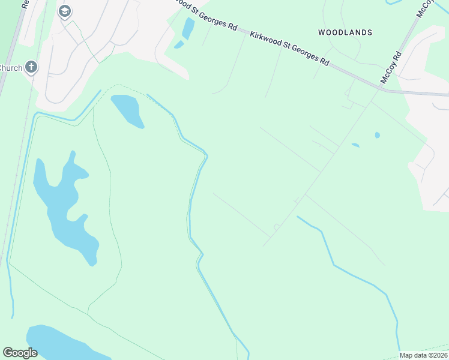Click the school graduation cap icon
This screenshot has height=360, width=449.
tap(65, 11)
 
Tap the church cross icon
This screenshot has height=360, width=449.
tap(31, 67)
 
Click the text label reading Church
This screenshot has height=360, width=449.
tap(11, 68)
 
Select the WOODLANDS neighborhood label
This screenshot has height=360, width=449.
tap(345, 32)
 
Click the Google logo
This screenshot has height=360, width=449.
tap(20, 353)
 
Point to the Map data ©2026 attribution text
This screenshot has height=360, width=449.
tap(423, 355)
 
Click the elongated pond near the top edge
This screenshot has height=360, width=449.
tap(188, 27)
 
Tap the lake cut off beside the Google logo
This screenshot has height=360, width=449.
tap(60, 342)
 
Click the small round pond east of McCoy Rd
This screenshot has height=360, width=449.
tap(377, 135)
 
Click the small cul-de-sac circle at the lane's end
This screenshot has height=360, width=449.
tap(276, 227)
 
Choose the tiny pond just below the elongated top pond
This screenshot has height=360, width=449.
tap(178, 44)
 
